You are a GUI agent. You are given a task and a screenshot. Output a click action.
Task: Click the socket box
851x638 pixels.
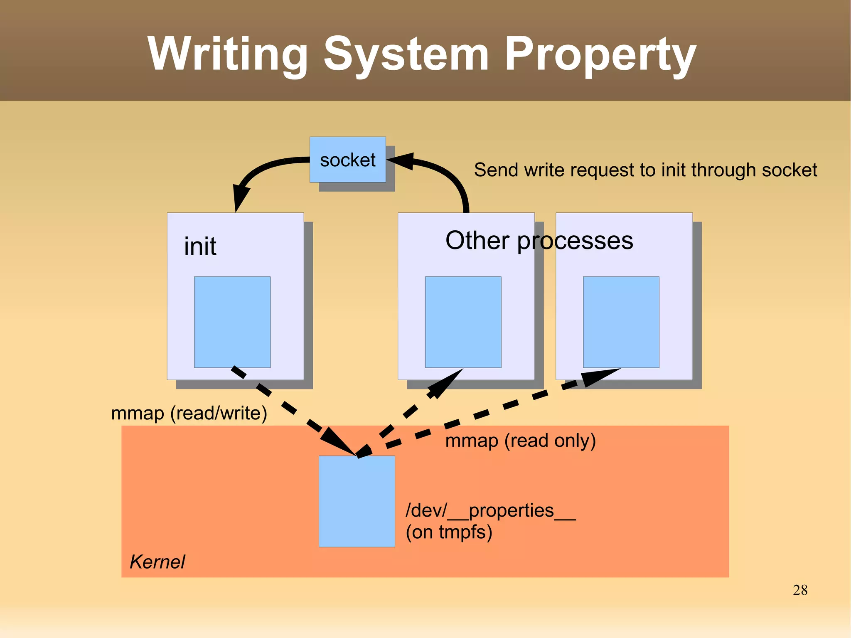[x=347, y=160]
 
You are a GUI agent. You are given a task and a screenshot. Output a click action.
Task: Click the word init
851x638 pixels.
[x=200, y=246]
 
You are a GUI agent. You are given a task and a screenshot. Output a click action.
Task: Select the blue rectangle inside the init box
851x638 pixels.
[x=232, y=322]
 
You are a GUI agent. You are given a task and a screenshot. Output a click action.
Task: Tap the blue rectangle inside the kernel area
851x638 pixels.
[x=357, y=501]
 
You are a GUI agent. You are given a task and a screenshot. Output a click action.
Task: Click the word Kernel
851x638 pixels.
[x=157, y=562]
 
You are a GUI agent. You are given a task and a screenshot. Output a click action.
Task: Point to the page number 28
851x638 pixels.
[x=800, y=590]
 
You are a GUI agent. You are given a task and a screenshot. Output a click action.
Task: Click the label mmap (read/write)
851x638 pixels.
[x=189, y=413]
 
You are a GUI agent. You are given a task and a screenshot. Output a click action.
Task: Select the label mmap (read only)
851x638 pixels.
[x=520, y=441]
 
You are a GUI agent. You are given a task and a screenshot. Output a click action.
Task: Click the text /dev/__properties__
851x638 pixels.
[x=490, y=510]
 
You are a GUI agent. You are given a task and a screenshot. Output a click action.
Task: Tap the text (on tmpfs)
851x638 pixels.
[x=449, y=532]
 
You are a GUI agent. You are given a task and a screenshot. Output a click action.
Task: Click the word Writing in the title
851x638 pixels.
[x=227, y=54]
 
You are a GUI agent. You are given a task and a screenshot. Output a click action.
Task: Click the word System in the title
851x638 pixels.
[x=406, y=54]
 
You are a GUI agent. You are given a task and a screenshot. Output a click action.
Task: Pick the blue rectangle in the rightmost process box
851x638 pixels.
[x=621, y=322]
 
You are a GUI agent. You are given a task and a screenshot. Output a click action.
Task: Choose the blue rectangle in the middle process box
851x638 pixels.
[x=463, y=322]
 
